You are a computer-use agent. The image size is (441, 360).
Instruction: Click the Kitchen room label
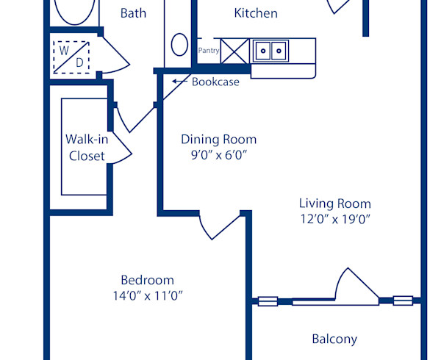256,13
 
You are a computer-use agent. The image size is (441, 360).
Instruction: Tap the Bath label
133,13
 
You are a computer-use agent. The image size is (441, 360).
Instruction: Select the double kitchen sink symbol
270,51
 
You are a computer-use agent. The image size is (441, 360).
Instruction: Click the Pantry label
209,51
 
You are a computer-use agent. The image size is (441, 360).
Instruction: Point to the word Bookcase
215,82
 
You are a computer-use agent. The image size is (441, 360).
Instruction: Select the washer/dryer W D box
71,56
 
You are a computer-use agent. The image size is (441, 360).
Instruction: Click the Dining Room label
219,139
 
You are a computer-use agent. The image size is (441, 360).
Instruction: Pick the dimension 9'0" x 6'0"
219,155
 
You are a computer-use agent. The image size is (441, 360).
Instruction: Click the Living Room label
334,204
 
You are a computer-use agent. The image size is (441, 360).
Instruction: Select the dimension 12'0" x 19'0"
334,219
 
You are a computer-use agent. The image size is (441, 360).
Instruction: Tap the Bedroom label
147,280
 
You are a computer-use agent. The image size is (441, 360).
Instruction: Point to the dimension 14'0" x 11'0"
147,296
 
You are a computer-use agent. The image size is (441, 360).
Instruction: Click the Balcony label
334,339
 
